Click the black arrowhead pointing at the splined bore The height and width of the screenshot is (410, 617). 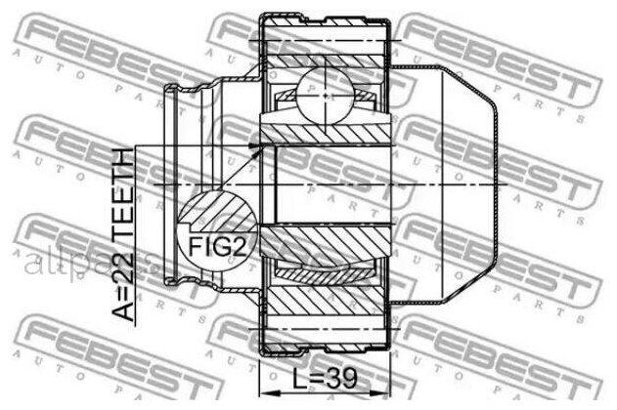pos(256,146)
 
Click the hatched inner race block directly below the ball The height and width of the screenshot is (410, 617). pos(325,130)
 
